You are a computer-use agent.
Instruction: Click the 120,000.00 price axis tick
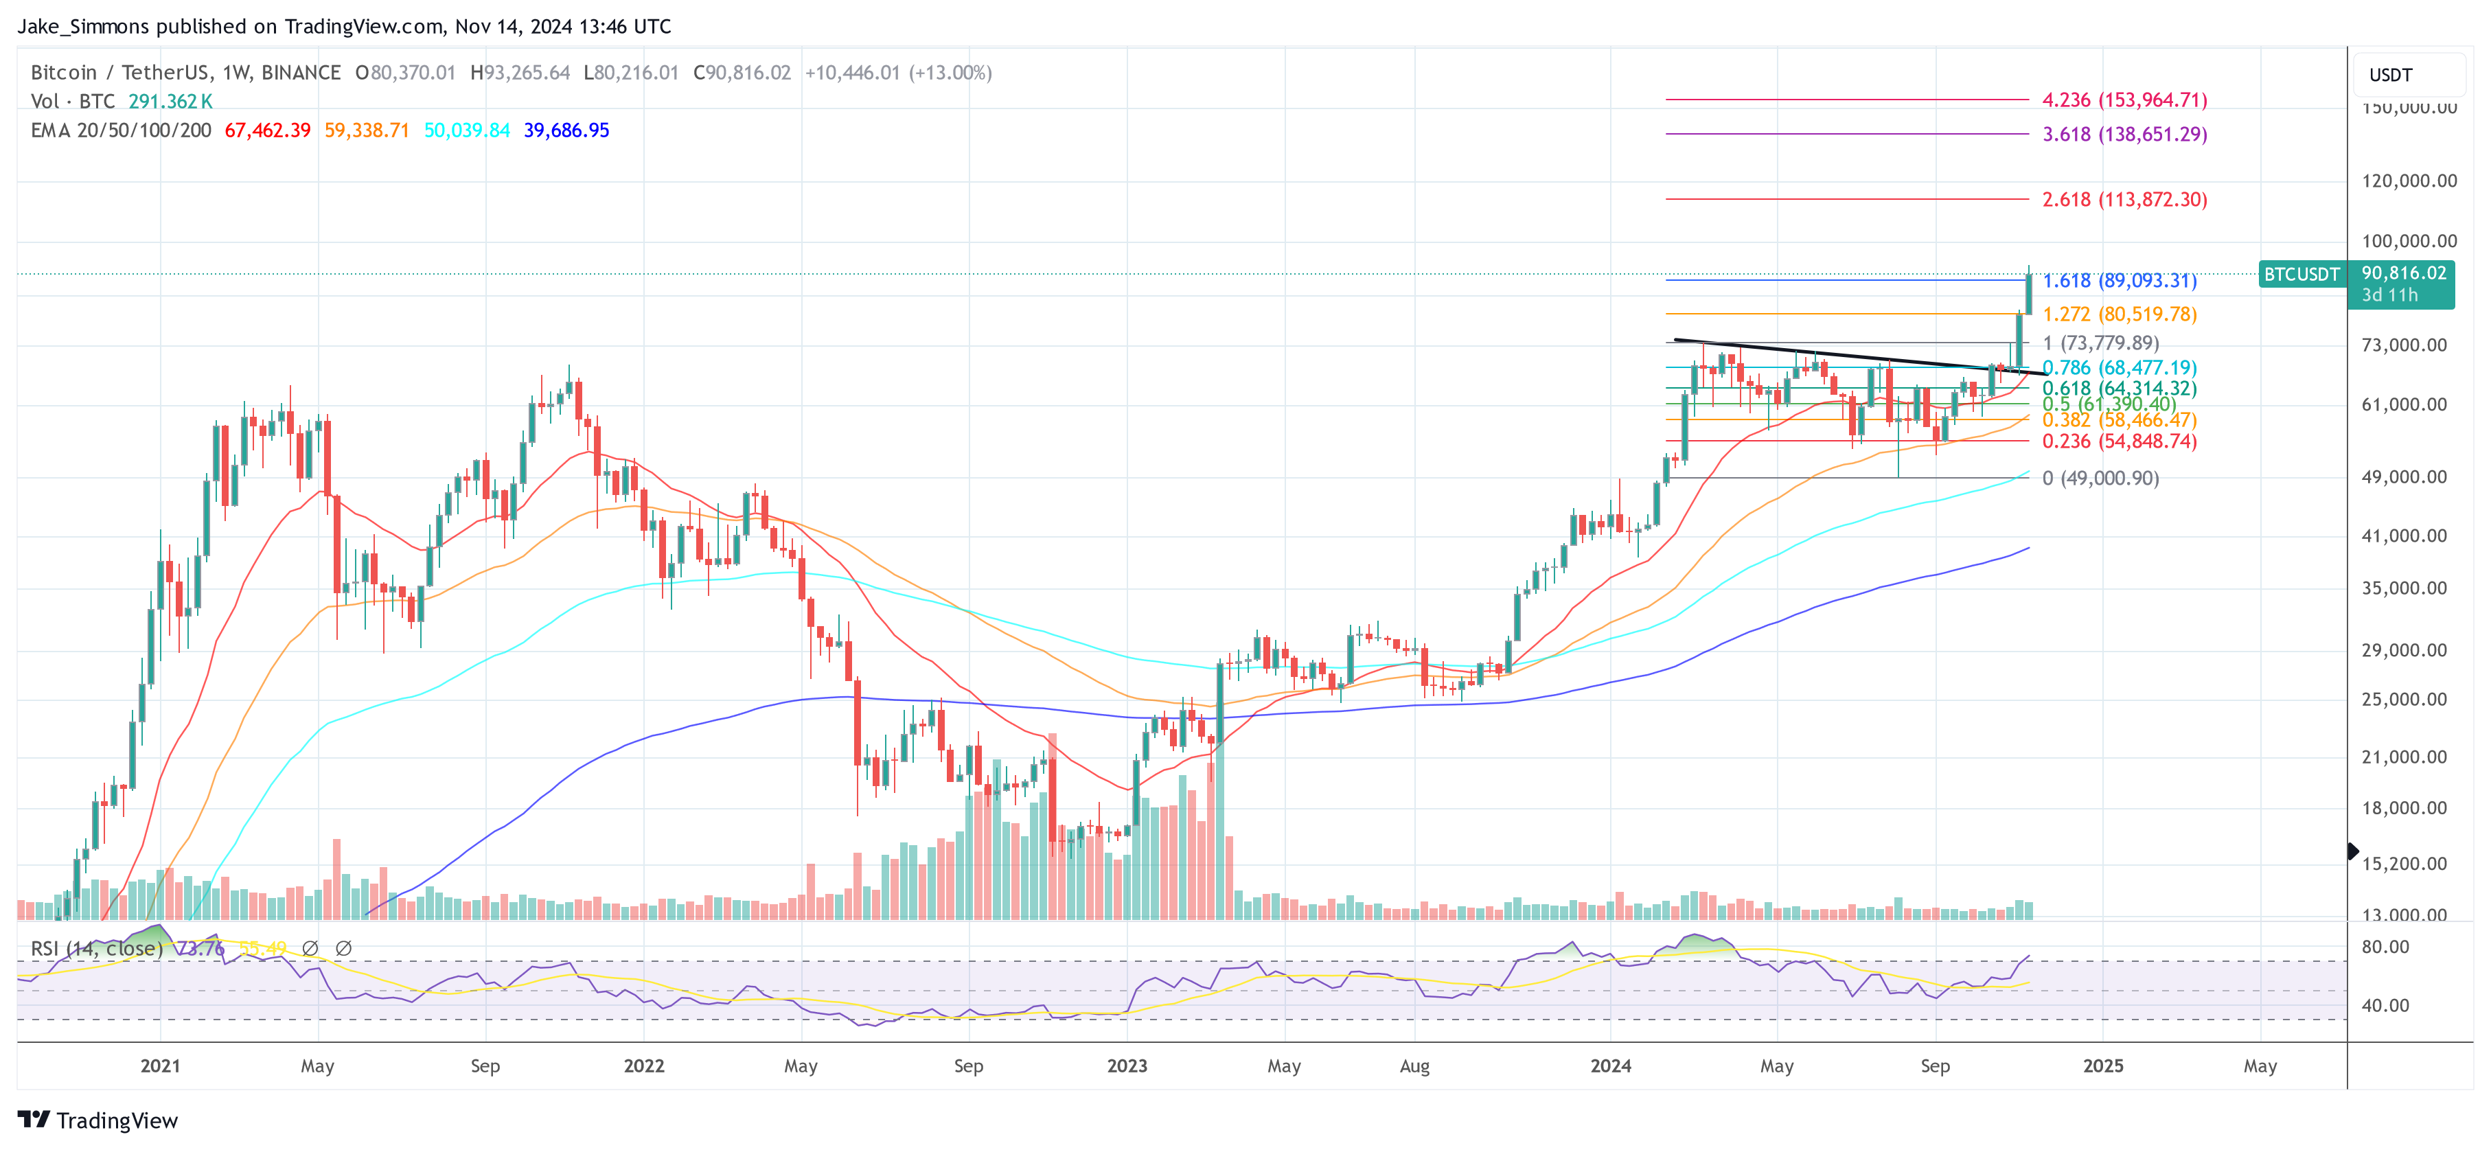pyautogui.click(x=2408, y=181)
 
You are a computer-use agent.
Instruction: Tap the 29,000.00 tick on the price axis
pyautogui.click(x=2408, y=650)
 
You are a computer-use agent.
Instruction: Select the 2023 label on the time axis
pyautogui.click(x=1127, y=1066)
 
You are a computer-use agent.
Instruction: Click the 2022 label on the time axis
pyautogui.click(x=644, y=1066)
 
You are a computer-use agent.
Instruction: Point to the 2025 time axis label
pyautogui.click(x=2102, y=1066)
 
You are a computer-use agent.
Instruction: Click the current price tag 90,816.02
pyautogui.click(x=2403, y=274)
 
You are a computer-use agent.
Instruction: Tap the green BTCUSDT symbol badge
pyautogui.click(x=2301, y=275)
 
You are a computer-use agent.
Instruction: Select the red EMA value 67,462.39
pyautogui.click(x=268, y=130)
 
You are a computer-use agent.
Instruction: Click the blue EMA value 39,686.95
pyautogui.click(x=566, y=130)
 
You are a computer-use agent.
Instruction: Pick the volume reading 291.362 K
pyautogui.click(x=170, y=102)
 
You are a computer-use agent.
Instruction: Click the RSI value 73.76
pyautogui.click(x=201, y=949)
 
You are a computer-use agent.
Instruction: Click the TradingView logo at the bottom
pyautogui.click(x=97, y=1120)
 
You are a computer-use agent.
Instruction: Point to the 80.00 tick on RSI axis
pyautogui.click(x=2385, y=947)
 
